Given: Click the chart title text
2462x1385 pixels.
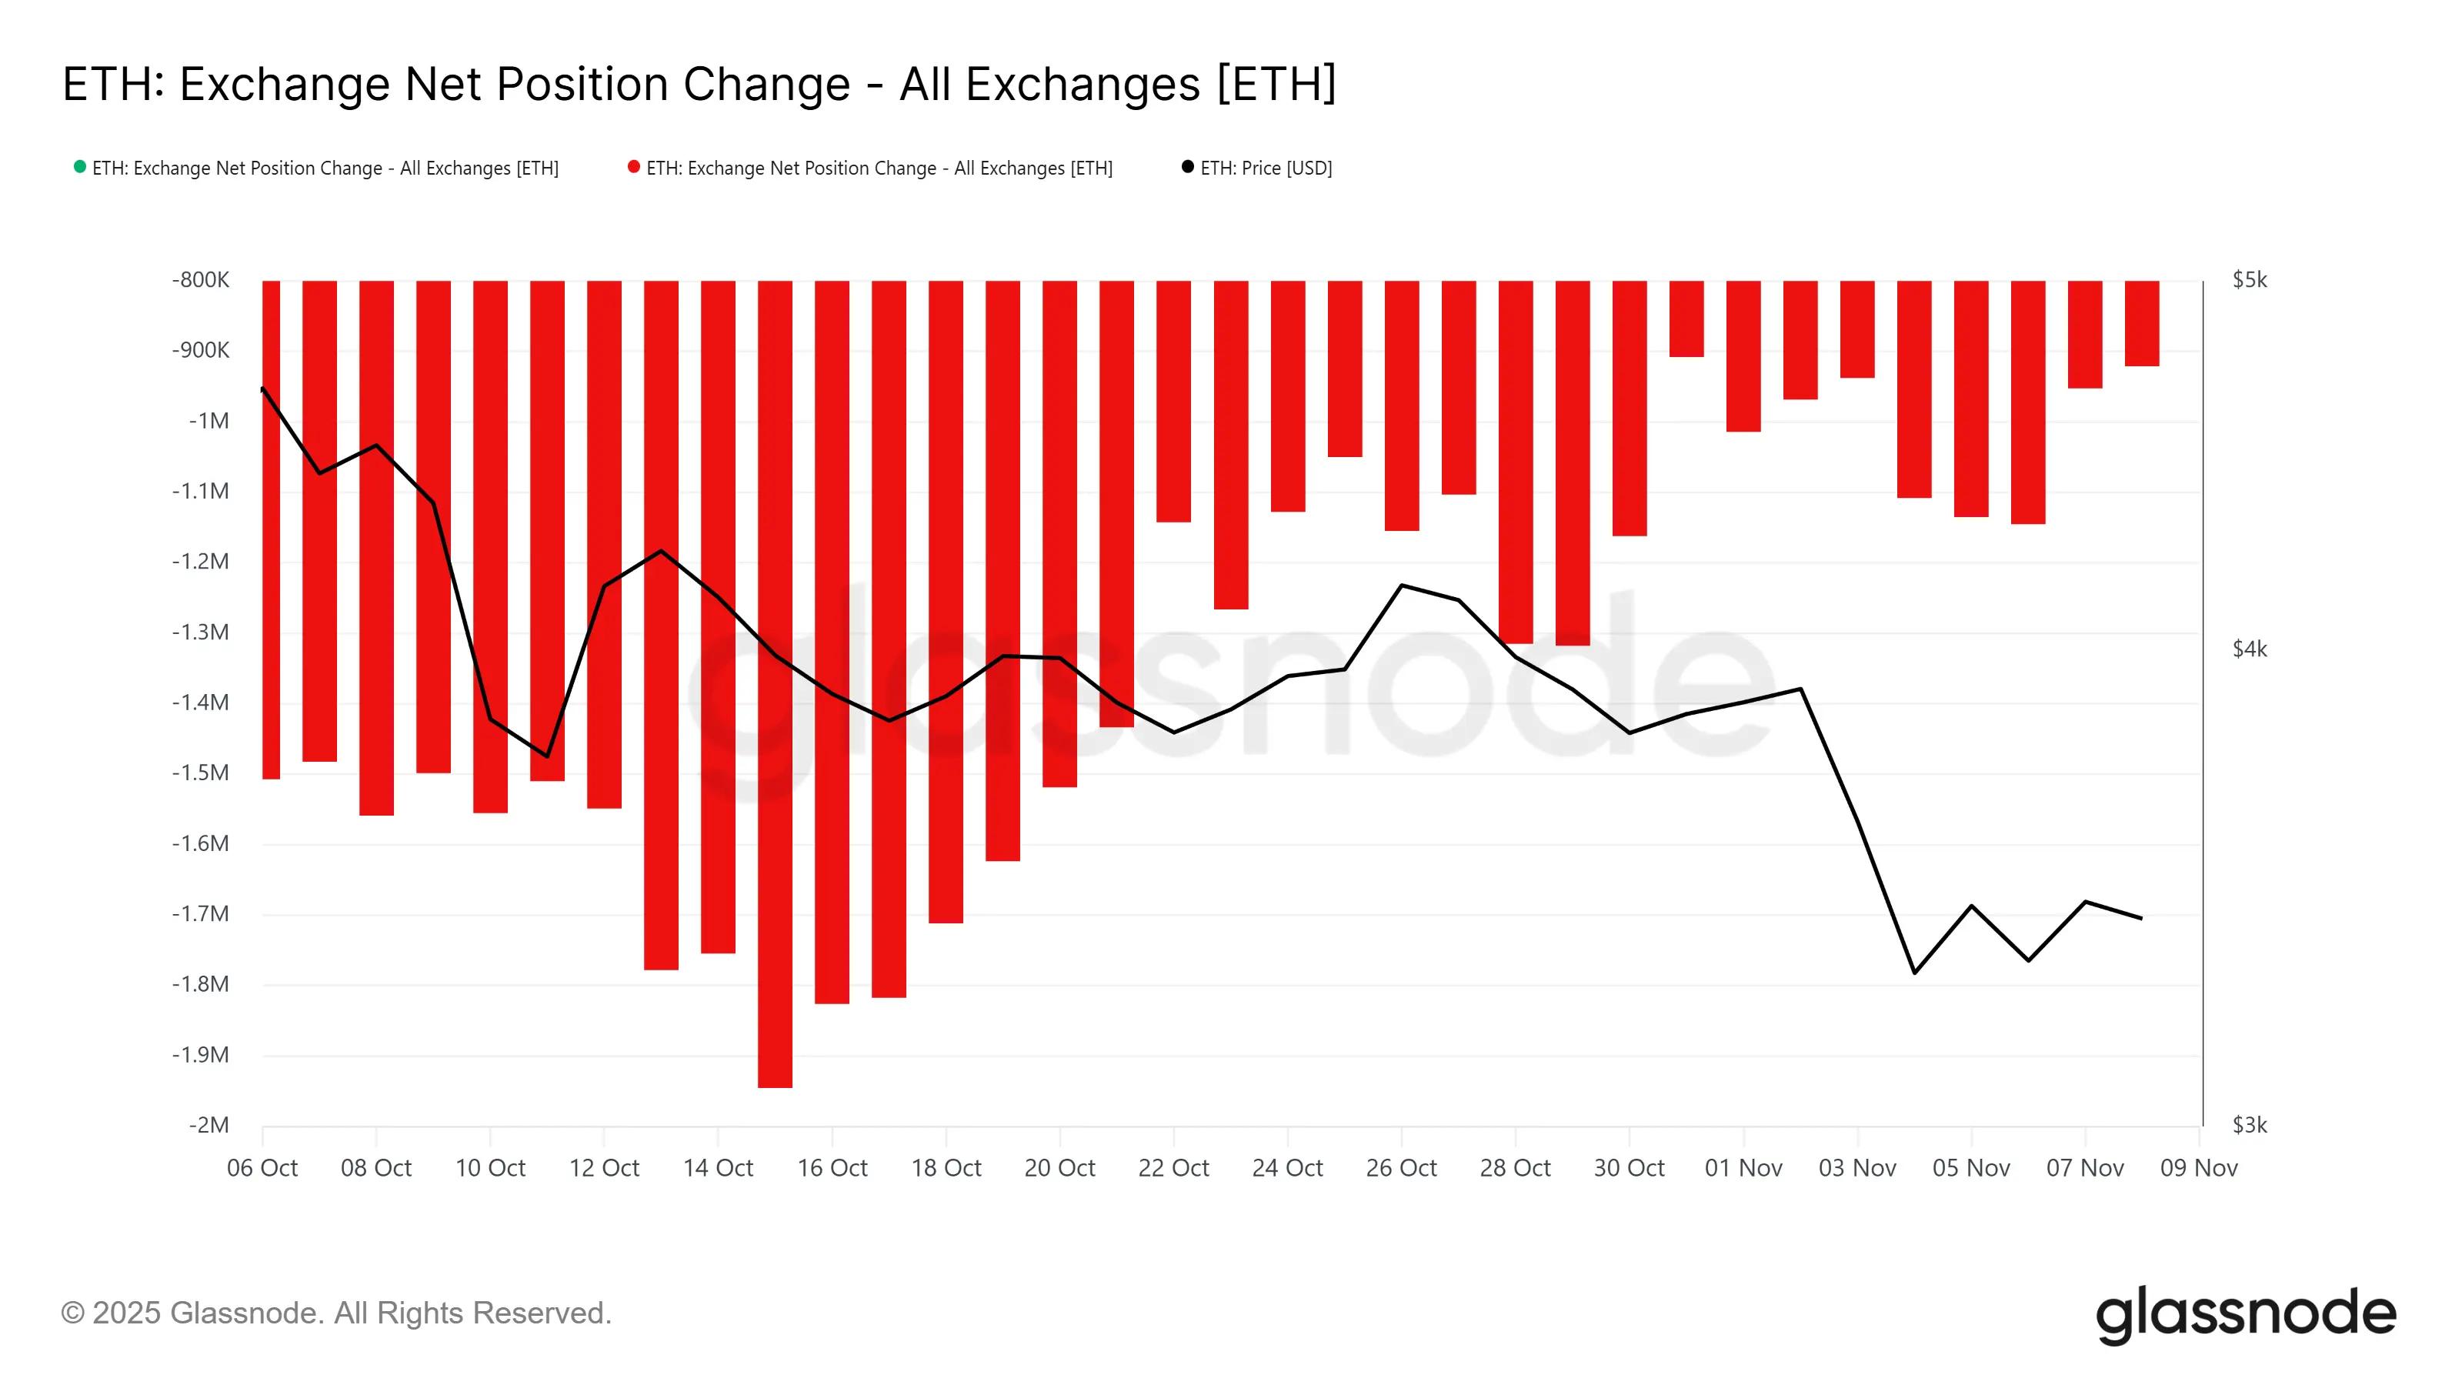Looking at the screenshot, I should click(x=699, y=84).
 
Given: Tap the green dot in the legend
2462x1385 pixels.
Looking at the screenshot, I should click(x=80, y=167).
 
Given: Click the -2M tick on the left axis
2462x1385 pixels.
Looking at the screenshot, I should click(x=209, y=1125).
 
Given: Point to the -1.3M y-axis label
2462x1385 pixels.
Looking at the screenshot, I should click(x=201, y=632).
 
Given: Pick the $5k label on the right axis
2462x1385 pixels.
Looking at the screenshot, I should click(x=2249, y=280).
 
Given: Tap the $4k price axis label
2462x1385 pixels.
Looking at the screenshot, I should click(x=2249, y=649).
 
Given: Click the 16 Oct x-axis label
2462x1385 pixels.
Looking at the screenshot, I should click(x=832, y=1168).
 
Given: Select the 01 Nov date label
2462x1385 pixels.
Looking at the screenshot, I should click(x=1743, y=1168).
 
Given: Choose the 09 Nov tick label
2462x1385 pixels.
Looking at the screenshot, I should click(x=2198, y=1168).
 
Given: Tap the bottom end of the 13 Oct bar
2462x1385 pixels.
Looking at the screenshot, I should click(x=662, y=967).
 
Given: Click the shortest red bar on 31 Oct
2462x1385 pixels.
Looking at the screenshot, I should click(x=1687, y=319).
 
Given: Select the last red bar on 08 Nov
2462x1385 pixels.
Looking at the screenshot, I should click(x=2142, y=323).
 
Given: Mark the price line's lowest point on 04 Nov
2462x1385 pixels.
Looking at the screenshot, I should click(x=1914, y=972).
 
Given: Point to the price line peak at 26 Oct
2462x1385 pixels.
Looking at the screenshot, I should click(x=1402, y=585).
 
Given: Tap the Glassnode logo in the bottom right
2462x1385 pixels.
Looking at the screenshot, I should click(x=2246, y=1314).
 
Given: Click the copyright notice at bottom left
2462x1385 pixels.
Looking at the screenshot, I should click(x=336, y=1313).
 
